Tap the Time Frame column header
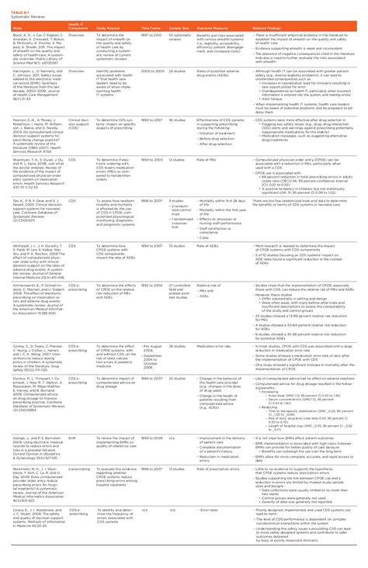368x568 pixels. click(151, 28)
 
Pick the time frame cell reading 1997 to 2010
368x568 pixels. click(152, 36)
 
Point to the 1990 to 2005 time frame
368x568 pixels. click(152, 159)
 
